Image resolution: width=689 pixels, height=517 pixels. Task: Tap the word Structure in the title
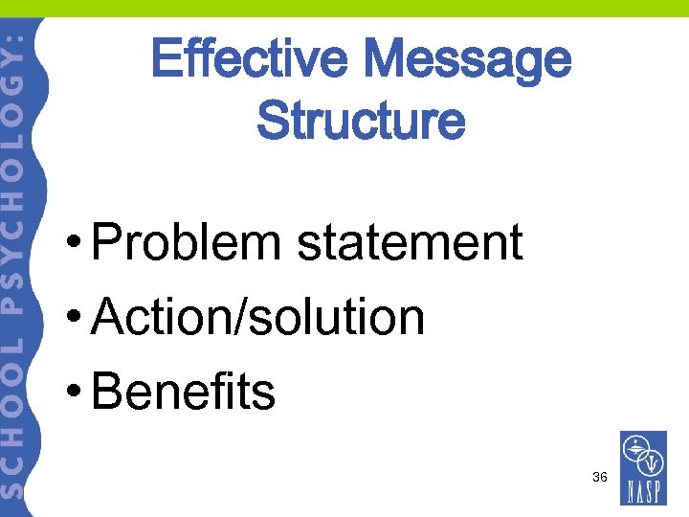coord(361,122)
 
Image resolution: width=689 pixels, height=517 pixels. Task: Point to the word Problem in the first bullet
coord(188,242)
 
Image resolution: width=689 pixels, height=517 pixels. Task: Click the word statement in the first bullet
coord(410,242)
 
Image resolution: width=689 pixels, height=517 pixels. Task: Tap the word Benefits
coord(183,392)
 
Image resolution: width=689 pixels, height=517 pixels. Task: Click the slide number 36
coord(600,476)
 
